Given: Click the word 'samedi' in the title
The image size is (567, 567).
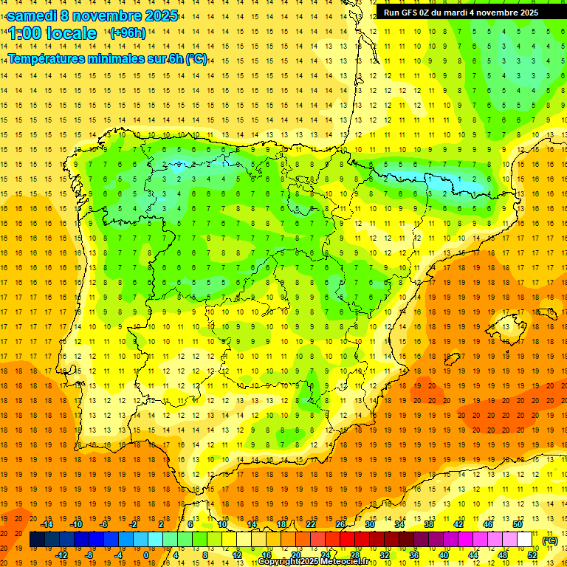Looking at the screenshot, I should pyautogui.click(x=32, y=16).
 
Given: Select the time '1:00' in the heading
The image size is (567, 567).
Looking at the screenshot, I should pyautogui.click(x=25, y=33).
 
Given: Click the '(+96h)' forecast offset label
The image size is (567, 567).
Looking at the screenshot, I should pyautogui.click(x=128, y=33).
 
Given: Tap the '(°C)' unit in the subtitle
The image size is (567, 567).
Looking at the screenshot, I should pyautogui.click(x=196, y=58).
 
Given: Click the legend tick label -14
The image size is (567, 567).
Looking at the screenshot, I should pyautogui.click(x=47, y=524).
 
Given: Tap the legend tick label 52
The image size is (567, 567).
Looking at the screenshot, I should pyautogui.click(x=532, y=555).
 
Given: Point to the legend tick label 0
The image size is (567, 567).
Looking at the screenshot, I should pyautogui.click(x=146, y=555).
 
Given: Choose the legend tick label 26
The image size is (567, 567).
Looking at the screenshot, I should pyautogui.click(x=340, y=524).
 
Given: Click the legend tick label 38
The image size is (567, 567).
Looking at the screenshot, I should pyautogui.click(x=429, y=524).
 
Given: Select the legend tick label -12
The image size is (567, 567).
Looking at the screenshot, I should pyautogui.click(x=62, y=555).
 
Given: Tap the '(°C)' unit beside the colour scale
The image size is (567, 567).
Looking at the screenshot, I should pyautogui.click(x=550, y=540).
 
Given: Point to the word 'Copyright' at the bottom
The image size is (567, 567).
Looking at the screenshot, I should pyautogui.click(x=280, y=562).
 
